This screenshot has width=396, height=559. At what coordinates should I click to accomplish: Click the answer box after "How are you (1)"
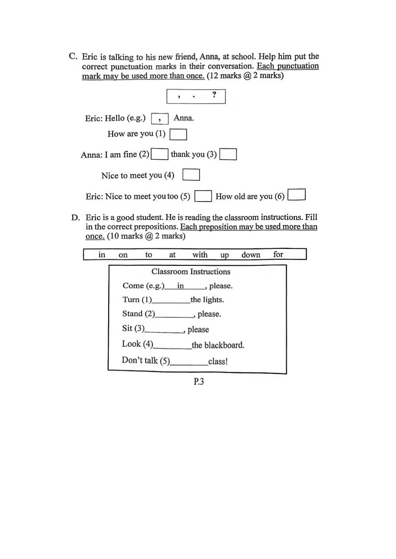click(x=178, y=134)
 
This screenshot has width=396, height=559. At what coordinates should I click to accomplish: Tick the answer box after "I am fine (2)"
click(x=160, y=154)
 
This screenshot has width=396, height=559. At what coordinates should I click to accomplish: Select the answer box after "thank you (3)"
click(x=228, y=155)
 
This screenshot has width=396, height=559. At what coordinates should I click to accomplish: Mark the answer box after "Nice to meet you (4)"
click(x=191, y=175)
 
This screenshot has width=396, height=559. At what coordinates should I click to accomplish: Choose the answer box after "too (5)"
click(x=203, y=196)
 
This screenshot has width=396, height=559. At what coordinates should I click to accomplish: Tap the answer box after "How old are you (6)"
click(x=297, y=194)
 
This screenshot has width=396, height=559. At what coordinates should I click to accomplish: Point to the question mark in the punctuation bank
click(x=214, y=95)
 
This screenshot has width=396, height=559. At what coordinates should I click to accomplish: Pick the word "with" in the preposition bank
click(x=200, y=255)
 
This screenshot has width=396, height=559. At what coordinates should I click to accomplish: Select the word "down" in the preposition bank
click(x=251, y=255)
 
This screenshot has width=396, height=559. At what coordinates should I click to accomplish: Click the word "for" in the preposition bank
click(x=278, y=254)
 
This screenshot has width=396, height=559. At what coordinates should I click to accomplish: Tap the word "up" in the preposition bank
click(x=224, y=255)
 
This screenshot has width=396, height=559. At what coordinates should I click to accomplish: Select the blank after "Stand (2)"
click(x=175, y=315)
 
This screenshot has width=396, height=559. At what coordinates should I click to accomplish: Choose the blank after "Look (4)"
click(x=173, y=345)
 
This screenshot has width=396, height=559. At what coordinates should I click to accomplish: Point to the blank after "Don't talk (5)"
click(x=189, y=362)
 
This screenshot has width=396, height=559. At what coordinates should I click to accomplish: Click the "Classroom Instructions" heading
click(x=191, y=272)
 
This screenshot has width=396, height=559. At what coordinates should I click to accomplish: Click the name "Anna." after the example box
click(x=184, y=118)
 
